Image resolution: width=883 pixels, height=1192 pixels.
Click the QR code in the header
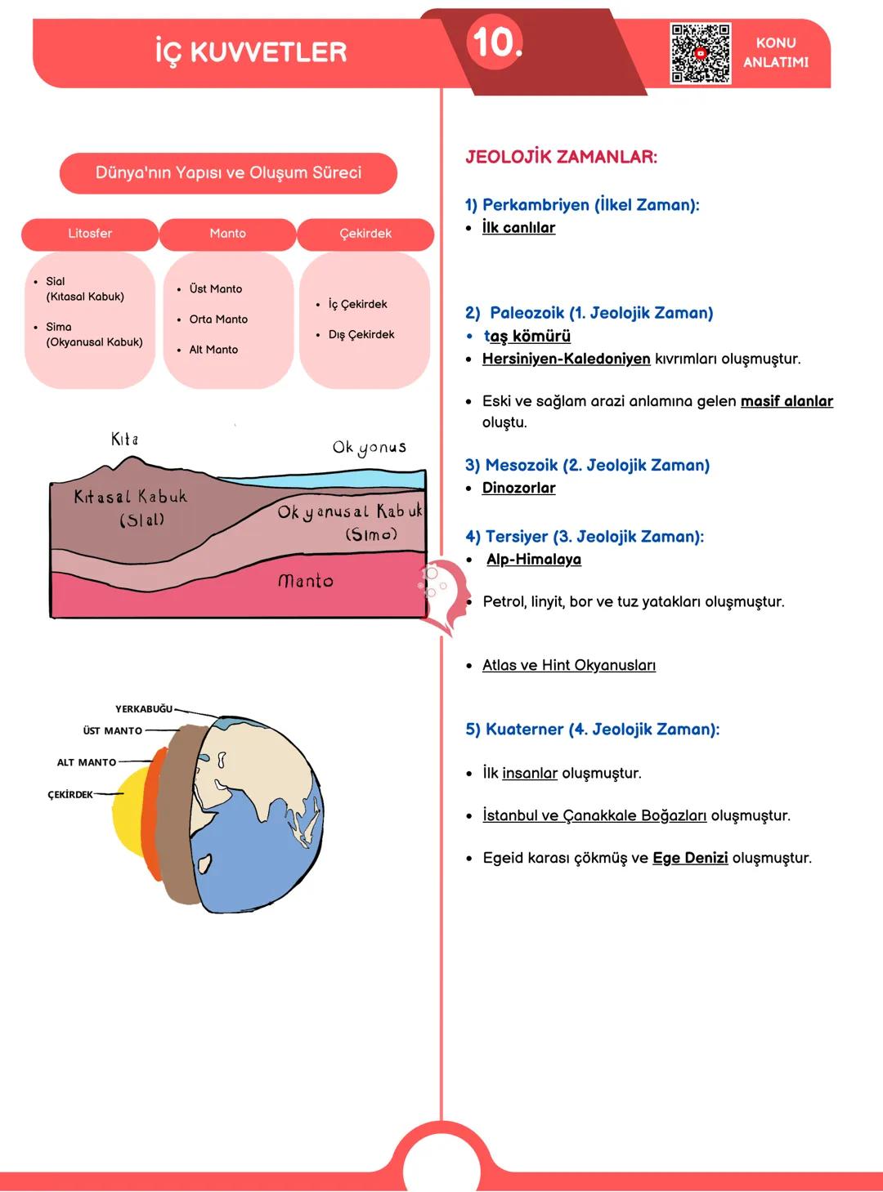tap(700, 53)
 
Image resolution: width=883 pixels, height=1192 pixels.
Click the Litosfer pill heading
tap(90, 234)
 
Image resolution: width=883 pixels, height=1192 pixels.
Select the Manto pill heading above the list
tap(227, 234)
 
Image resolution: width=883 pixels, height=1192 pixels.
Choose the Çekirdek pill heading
tap(365, 234)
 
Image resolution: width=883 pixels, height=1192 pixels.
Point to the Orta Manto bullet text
tap(218, 319)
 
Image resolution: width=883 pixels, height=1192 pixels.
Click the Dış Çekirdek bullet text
tap(361, 334)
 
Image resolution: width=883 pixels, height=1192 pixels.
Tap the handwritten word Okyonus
tap(370, 447)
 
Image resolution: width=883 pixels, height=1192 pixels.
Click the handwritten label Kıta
tap(124, 440)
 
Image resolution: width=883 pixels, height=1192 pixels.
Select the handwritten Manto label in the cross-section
tap(306, 581)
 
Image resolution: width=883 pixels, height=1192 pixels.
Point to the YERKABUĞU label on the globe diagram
tap(144, 709)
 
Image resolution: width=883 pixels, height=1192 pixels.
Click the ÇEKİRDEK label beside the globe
tap(70, 795)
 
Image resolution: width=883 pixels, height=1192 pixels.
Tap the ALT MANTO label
tap(87, 762)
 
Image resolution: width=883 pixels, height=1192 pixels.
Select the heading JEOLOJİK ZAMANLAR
tap(561, 157)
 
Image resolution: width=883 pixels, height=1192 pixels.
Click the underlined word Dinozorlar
tap(518, 488)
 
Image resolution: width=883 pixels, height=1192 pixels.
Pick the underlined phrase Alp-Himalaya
tap(534, 560)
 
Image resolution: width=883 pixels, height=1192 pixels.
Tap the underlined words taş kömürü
tap(527, 336)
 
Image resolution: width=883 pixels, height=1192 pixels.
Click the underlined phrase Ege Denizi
tap(690, 858)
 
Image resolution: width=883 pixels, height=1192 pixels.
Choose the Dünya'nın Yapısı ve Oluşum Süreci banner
tap(228, 173)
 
